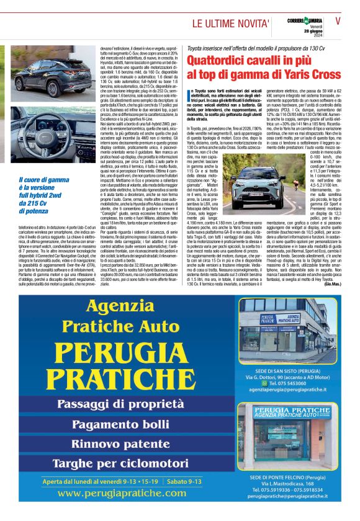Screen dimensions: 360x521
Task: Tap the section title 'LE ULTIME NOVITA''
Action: [230, 24]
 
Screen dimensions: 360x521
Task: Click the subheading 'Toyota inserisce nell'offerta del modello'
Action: [256, 48]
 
